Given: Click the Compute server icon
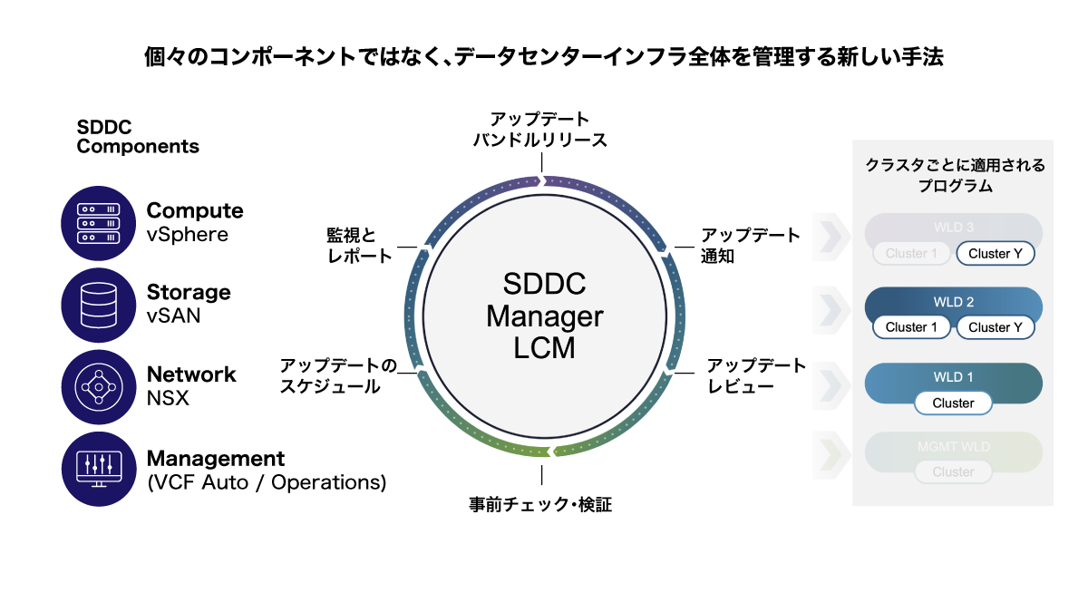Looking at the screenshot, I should coord(99,222).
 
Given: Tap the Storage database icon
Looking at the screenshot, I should coord(99,305).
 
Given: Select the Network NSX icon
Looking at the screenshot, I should coord(99,386).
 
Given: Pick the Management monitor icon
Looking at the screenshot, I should coord(99,468).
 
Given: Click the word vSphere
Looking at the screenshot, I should coord(188,235).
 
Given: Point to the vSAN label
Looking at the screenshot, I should coord(173,316).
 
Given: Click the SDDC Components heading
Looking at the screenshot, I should coord(138,137).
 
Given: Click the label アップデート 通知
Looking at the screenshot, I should coord(751,246).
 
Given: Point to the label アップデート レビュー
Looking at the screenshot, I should coord(756,376).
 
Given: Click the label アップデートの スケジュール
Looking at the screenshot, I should coord(338,376).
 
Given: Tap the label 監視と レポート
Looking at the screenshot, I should coord(360,246).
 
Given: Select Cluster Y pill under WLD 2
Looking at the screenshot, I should coord(995,327).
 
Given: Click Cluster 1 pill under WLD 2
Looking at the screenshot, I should coord(911,327).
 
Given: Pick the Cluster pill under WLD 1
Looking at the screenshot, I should coord(953,403).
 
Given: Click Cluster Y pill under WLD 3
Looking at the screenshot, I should coord(995,254).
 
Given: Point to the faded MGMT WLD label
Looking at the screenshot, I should coord(953,447).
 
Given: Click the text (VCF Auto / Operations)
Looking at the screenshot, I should coord(267,482).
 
